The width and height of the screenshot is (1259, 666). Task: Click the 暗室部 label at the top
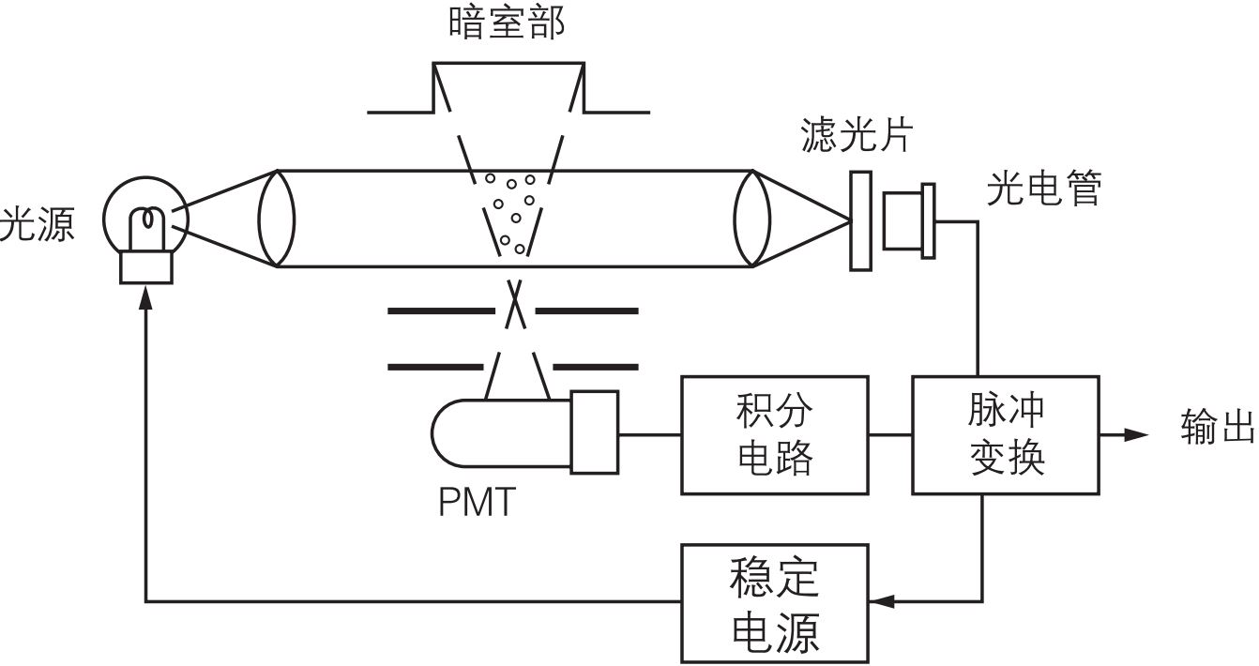507,23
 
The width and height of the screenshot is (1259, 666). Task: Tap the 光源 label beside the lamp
38,225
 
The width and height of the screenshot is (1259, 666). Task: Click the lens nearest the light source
277,218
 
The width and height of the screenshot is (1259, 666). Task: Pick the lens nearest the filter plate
753,218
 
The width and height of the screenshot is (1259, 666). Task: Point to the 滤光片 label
857,136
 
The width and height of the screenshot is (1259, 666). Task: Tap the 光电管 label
1043,189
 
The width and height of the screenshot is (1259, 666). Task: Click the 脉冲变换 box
1006,434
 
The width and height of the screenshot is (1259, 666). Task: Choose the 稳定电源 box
775,602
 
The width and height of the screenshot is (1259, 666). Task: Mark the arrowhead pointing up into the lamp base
145,297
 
